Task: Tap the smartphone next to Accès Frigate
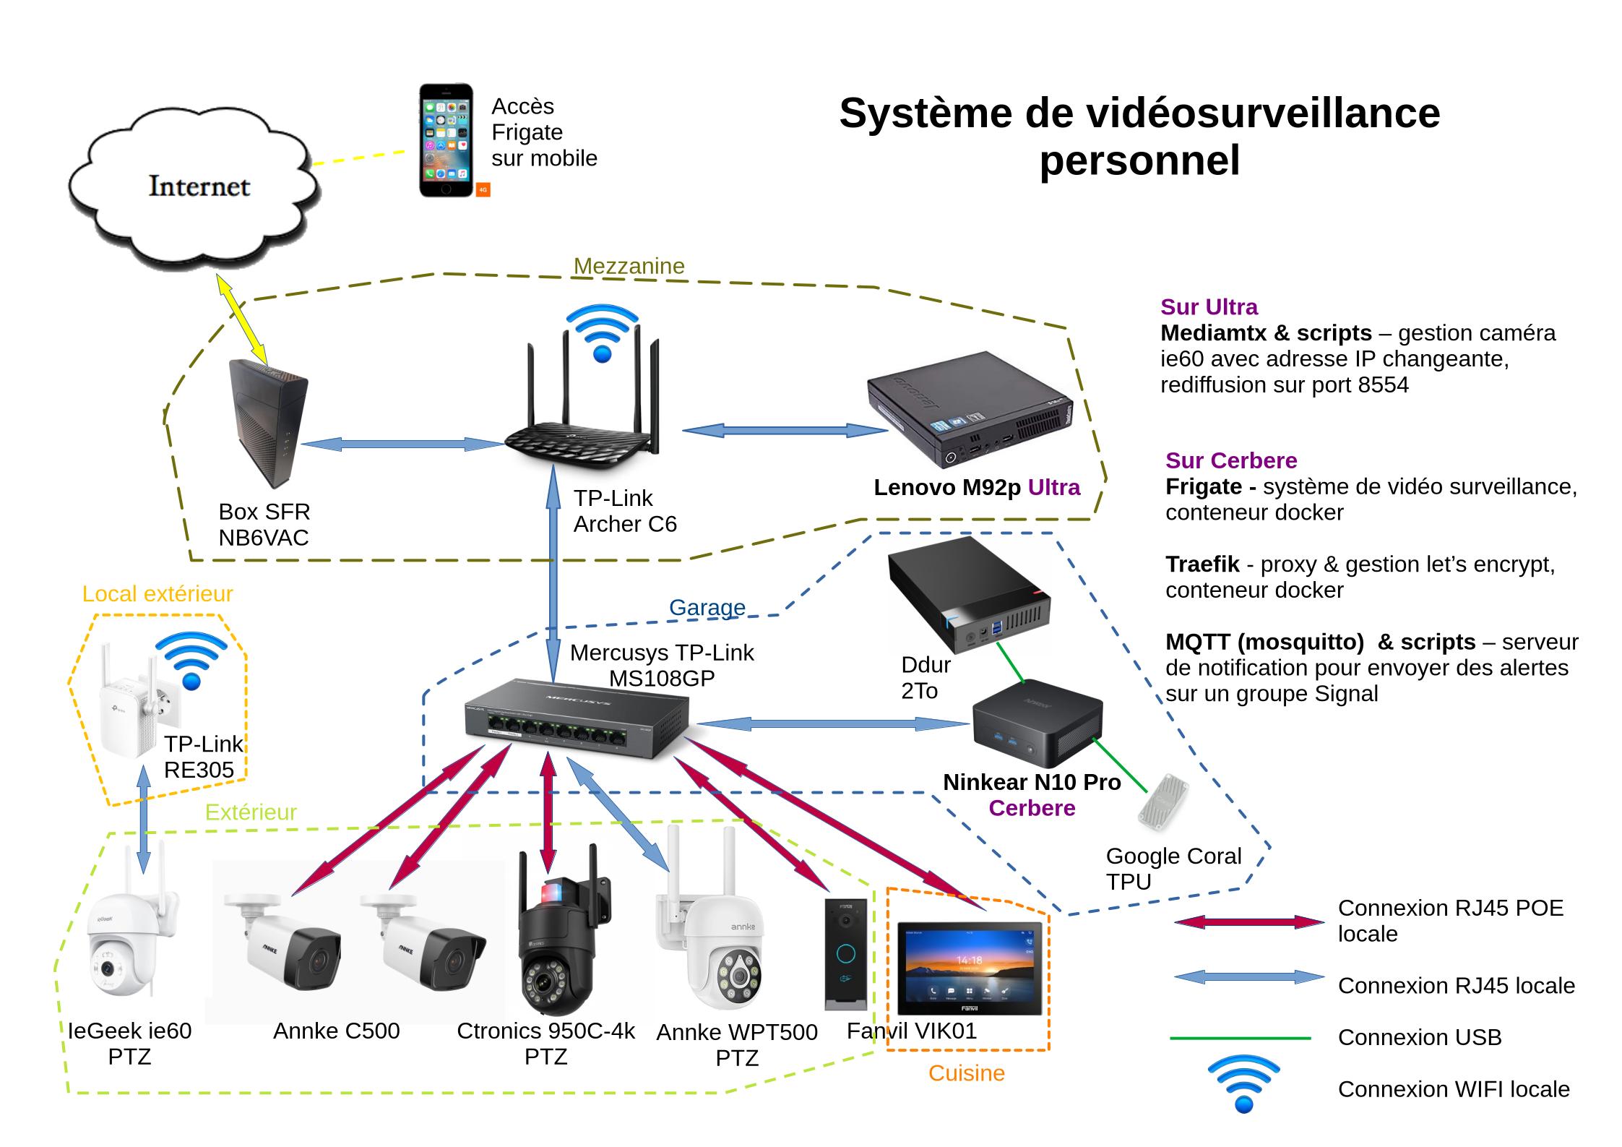click(x=447, y=140)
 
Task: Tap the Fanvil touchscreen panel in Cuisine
click(x=969, y=968)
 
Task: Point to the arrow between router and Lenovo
click(x=785, y=431)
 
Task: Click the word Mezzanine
click(x=629, y=266)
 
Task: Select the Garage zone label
click(x=707, y=607)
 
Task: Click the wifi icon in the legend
click(x=1243, y=1084)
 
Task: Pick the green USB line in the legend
click(x=1240, y=1039)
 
